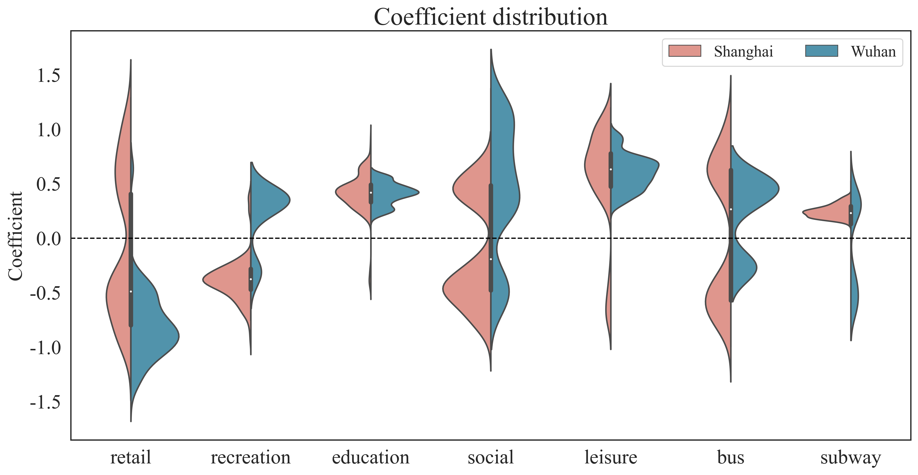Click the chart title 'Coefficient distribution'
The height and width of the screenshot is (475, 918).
491,17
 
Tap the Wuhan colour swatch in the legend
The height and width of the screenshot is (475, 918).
821,51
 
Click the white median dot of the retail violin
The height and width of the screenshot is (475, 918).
131,291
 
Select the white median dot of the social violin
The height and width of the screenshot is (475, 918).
491,259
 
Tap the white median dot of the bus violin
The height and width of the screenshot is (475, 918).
731,209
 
